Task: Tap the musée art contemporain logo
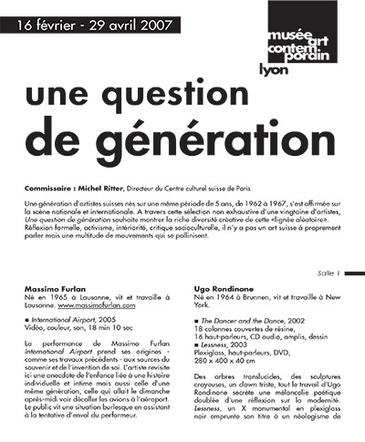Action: [x=296, y=33]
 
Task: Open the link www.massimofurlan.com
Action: [x=104, y=305]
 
